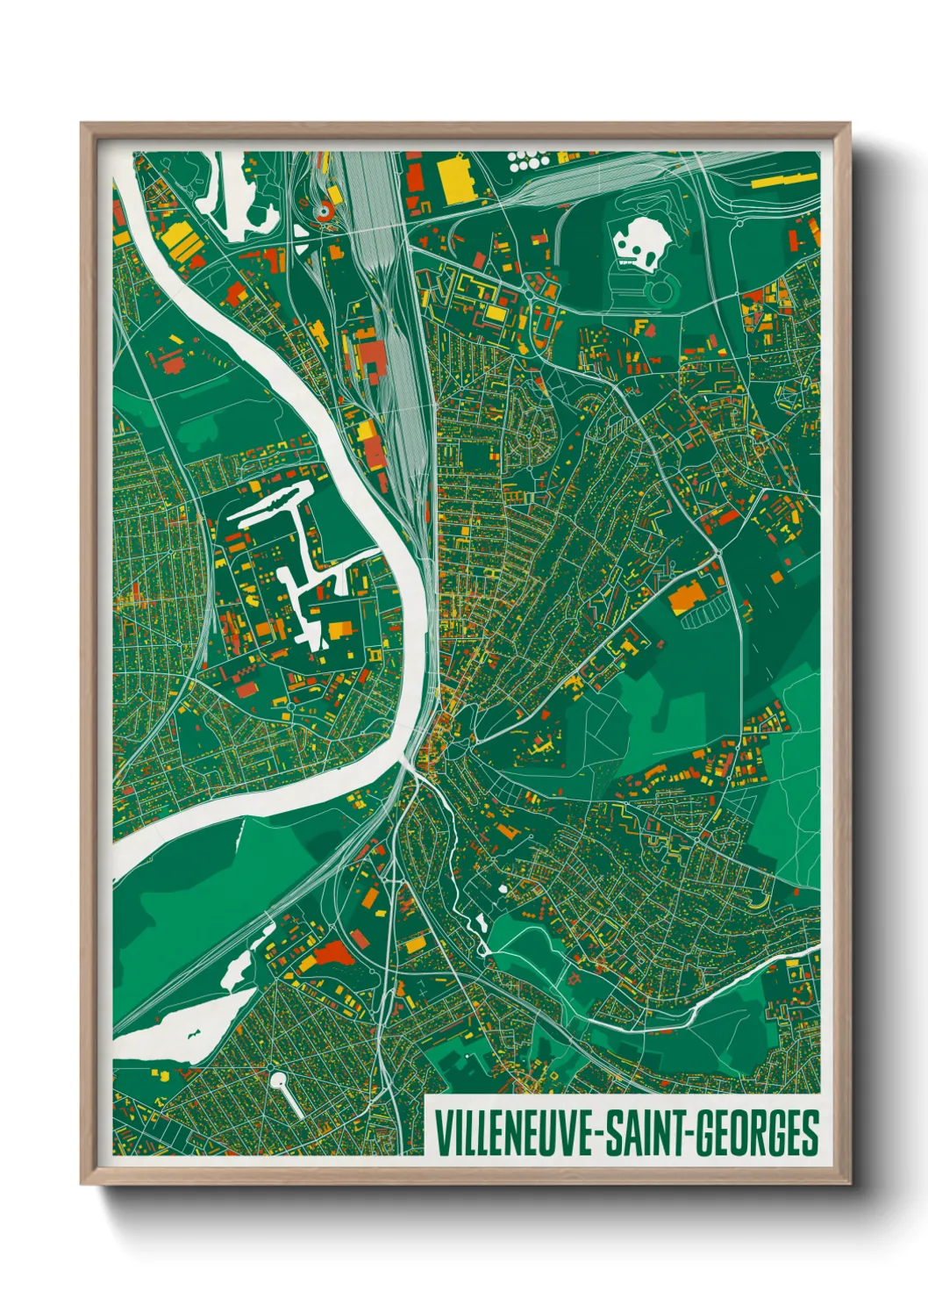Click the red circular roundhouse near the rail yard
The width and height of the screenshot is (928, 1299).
(x=324, y=211)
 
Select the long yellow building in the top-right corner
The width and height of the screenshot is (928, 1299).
(x=785, y=181)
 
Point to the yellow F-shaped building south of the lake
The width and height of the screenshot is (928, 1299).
(x=642, y=327)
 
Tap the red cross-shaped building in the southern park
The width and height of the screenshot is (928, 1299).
(x=575, y=977)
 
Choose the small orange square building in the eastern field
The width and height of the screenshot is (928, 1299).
(x=777, y=576)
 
